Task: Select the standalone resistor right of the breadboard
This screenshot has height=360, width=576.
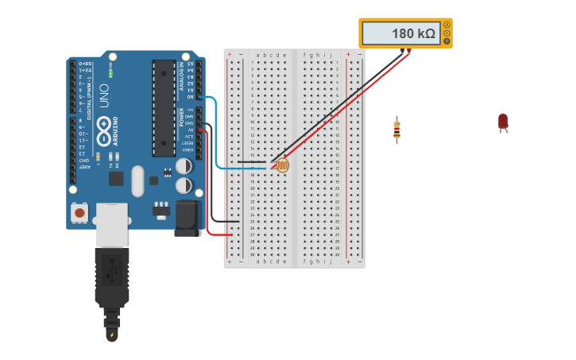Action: [396, 130]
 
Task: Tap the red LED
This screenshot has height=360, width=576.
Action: [503, 121]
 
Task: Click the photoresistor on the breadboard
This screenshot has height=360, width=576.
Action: [282, 165]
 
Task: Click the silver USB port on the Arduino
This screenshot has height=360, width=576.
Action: [111, 223]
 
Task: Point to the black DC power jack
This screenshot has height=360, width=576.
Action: [187, 218]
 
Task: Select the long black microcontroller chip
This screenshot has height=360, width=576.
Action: [164, 107]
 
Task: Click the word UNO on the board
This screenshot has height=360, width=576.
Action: [104, 95]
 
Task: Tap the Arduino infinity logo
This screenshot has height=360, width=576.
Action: [103, 136]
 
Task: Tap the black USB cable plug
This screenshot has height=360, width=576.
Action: [111, 278]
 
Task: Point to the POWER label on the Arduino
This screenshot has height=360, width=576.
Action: [181, 117]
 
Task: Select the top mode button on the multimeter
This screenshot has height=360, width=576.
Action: [446, 25]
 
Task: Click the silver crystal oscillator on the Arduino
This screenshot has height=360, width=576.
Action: [137, 180]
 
